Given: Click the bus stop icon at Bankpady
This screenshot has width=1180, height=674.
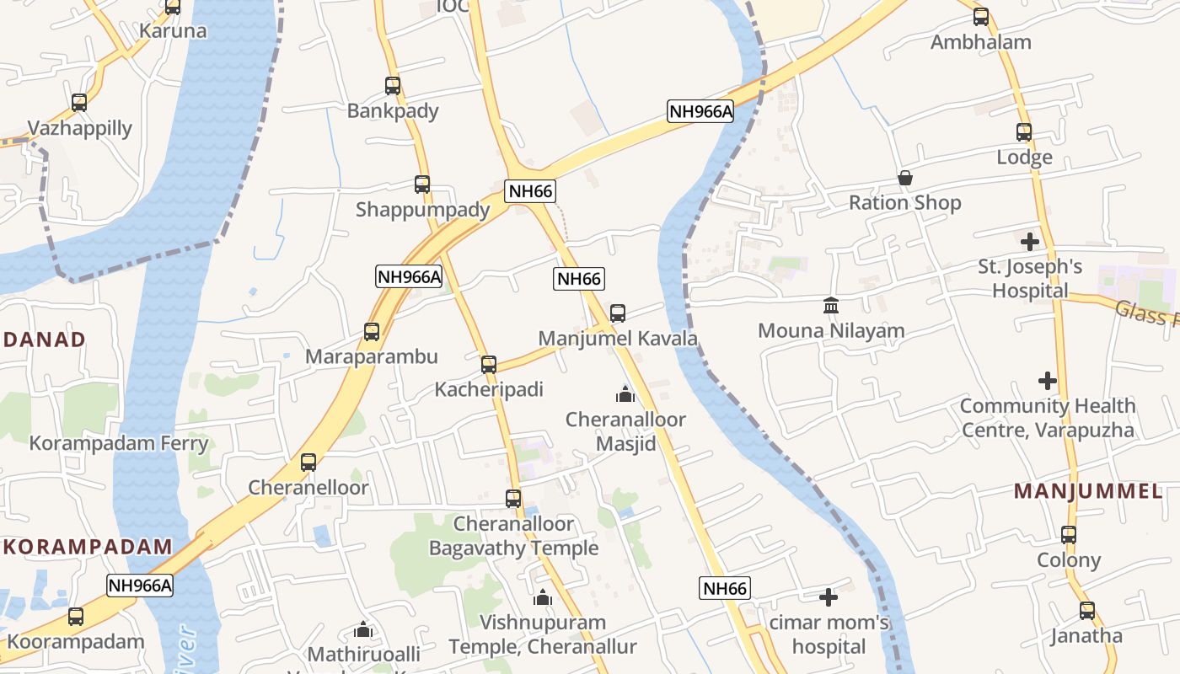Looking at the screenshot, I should click(393, 85).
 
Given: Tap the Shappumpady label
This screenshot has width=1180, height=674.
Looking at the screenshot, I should click(422, 209).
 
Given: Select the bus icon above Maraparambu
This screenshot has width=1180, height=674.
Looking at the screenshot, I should click(372, 332).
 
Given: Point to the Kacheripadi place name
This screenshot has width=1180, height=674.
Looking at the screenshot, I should click(489, 389).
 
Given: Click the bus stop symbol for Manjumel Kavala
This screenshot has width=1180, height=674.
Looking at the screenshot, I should click(618, 313).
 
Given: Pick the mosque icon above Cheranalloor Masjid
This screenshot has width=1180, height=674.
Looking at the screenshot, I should click(625, 393).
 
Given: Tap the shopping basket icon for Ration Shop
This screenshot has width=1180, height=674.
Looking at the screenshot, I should click(905, 178).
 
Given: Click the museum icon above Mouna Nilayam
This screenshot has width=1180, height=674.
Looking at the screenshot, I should click(831, 305).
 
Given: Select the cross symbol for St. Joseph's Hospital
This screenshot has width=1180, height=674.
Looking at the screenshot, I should click(1029, 242).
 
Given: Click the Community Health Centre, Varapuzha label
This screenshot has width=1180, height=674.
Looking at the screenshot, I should click(1047, 418).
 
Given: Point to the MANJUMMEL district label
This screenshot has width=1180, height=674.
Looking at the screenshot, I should click(1087, 491).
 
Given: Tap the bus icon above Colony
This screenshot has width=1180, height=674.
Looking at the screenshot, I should click(1069, 535).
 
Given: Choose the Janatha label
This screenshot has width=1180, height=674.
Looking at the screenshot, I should click(1086, 635).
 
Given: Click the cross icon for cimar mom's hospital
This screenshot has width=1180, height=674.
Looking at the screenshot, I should click(829, 597).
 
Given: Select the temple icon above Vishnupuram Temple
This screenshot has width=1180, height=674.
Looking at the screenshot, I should click(543, 597).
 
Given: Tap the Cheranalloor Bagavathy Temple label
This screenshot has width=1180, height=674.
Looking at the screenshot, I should click(513, 536).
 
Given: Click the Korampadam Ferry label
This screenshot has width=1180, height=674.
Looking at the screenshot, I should click(119, 443).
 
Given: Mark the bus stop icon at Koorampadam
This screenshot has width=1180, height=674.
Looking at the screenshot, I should click(76, 617).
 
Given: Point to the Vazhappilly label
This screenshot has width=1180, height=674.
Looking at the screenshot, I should click(80, 128).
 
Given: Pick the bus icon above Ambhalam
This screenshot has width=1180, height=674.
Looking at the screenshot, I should click(981, 17).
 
